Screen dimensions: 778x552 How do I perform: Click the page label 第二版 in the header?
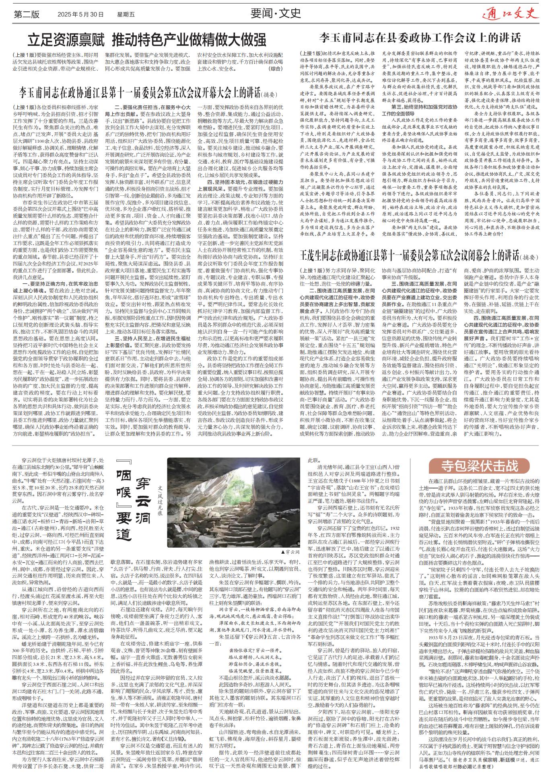pyautogui.click(x=27, y=14)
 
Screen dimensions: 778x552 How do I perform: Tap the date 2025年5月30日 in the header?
pyautogui.click(x=80, y=14)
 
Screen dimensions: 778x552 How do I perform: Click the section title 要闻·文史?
pyautogui.click(x=276, y=13)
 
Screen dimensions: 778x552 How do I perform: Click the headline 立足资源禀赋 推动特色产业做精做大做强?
pyautogui.click(x=147, y=40)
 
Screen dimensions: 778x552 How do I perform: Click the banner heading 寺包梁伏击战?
pyautogui.click(x=479, y=466)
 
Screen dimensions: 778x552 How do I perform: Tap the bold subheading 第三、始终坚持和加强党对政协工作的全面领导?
pyautogui.click(x=424, y=110)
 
